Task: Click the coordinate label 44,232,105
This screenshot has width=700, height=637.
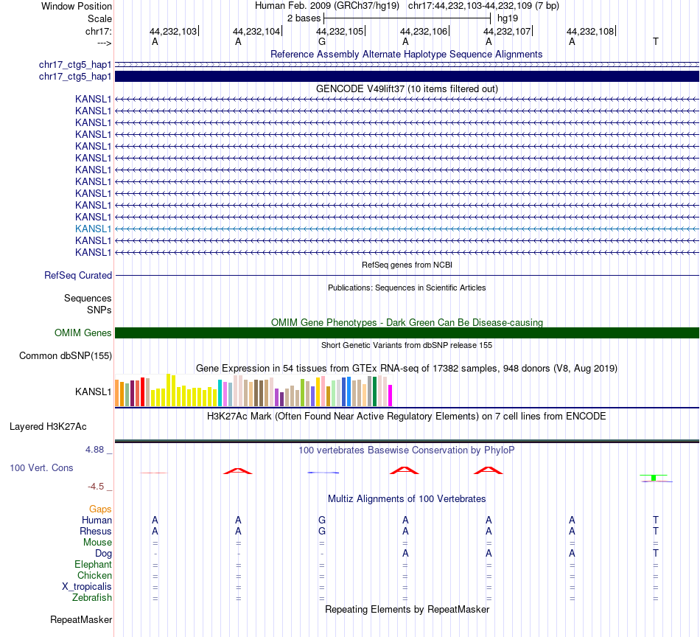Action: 340,32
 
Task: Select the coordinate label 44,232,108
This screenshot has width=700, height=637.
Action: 589,32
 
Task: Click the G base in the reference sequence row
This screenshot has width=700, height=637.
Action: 322,42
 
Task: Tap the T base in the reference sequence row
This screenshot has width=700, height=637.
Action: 656,42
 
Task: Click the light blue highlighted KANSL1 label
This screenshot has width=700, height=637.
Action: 93,229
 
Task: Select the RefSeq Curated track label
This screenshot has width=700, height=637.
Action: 78,276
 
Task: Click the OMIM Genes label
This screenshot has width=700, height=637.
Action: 83,333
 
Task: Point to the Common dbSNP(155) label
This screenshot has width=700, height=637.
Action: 65,356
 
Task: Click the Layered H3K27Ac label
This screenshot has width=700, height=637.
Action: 48,426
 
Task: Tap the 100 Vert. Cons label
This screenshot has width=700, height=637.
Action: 41,468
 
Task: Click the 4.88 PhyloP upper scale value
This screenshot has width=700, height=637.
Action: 97,450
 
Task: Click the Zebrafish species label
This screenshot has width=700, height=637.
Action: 93,598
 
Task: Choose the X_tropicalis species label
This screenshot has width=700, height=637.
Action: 87,587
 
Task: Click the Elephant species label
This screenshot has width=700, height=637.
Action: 93,565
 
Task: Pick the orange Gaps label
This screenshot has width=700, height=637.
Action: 100,509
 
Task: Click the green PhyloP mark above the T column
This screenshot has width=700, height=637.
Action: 654,477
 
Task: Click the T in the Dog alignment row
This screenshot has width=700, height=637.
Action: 656,554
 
